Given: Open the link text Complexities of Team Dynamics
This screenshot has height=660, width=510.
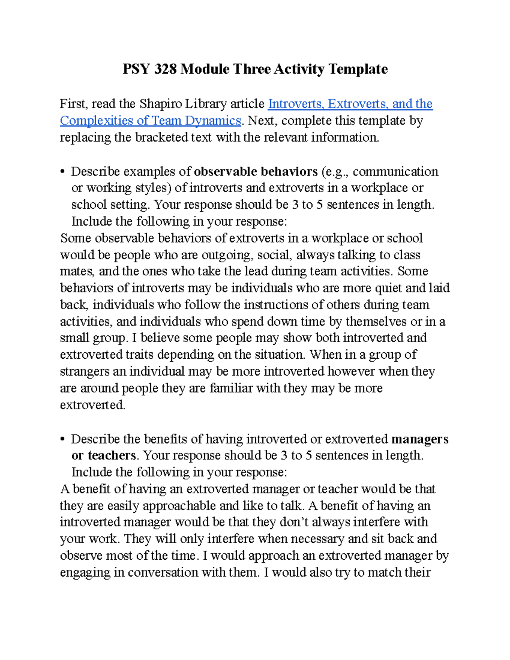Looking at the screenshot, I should [150, 121].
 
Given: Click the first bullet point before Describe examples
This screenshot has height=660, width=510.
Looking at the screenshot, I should [62, 172].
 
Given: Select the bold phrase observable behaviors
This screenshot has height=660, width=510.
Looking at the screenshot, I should [255, 171].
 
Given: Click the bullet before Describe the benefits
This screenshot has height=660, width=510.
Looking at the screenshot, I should [62, 439].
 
